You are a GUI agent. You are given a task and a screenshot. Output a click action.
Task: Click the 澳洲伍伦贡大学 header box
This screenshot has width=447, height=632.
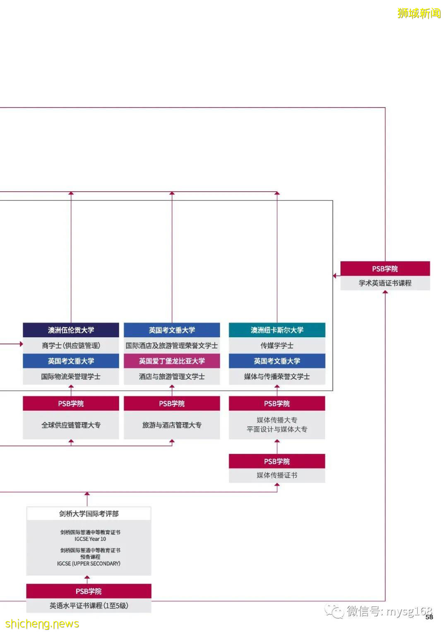pos(71,330)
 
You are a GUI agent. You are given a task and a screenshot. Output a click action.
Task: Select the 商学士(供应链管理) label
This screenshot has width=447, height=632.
pos(71,346)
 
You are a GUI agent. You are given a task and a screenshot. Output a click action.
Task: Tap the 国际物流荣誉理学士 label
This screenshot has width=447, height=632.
pos(71,377)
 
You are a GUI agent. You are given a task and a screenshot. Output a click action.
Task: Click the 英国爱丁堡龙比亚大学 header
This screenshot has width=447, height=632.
pos(172,361)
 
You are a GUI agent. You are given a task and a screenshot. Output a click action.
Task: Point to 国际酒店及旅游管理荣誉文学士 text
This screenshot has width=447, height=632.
pos(172,346)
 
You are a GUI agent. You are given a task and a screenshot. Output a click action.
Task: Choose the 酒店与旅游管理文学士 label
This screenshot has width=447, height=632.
pos(172,377)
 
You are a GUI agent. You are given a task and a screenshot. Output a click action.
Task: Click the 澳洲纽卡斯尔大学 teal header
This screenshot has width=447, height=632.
pos(277,330)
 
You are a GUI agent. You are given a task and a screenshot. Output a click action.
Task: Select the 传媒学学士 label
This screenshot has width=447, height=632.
pos(277,346)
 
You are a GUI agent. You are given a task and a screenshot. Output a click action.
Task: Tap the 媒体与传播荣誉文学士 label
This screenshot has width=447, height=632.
pos(277,377)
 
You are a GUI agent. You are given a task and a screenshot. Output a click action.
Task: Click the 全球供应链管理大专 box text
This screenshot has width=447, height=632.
pos(71,425)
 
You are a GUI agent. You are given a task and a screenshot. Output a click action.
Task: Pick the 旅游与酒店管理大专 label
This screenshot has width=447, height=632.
pos(172,425)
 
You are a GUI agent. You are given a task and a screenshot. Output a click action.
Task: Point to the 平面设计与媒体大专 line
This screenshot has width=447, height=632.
pos(277,430)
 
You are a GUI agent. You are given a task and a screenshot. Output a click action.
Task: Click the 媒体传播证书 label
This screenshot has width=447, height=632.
pos(277,475)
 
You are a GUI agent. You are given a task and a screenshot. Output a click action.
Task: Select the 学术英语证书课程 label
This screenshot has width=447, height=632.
pos(385,283)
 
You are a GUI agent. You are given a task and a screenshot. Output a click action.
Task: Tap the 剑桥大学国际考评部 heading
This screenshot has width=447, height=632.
pos(89,514)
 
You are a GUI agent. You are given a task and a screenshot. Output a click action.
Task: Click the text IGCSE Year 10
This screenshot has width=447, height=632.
pos(90,539)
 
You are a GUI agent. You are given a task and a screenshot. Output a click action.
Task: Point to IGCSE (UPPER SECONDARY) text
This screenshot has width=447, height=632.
pos(89,563)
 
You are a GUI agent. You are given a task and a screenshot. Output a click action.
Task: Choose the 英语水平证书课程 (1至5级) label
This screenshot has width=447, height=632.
pos(89,606)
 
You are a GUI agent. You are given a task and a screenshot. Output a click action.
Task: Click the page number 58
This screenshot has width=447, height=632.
pos(429,617)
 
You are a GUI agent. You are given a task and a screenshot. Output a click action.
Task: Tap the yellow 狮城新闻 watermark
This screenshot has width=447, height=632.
pos(419,13)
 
